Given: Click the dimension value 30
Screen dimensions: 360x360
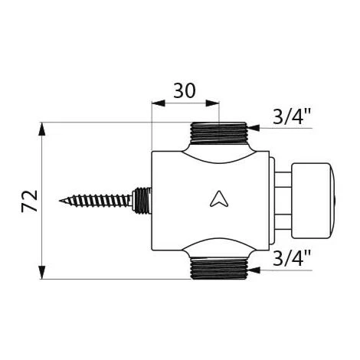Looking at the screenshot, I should pyautogui.click(x=185, y=90).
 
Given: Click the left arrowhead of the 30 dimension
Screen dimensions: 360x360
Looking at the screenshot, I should pyautogui.click(x=158, y=103).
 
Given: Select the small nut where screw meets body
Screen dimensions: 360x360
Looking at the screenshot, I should pyautogui.click(x=142, y=201).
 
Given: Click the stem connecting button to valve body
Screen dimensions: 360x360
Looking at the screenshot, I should pyautogui.click(x=283, y=201).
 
